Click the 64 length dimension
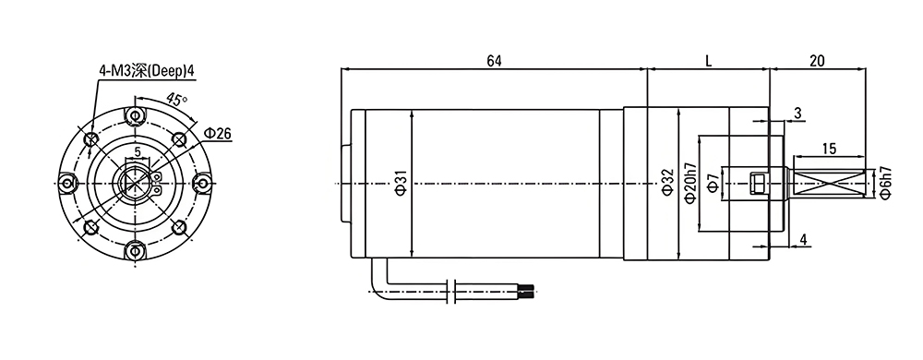click(494, 61)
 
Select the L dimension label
click(709, 61)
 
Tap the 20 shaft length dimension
click(817, 61)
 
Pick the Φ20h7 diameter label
click(690, 184)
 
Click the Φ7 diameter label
click(713, 184)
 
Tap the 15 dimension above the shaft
click(829, 149)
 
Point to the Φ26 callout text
click(217, 134)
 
